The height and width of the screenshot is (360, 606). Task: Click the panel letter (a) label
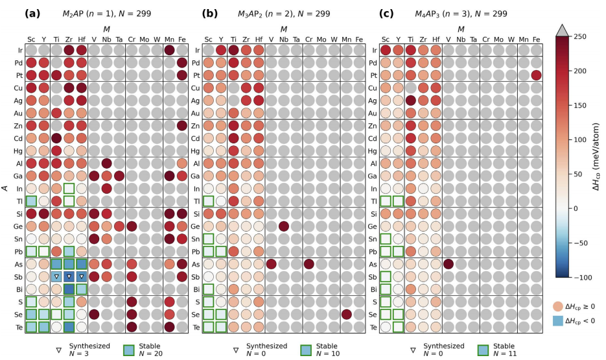coord(33,13)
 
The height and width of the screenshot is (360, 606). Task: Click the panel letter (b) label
coord(210,13)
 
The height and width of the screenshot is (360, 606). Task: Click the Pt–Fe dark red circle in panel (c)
coord(536,75)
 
